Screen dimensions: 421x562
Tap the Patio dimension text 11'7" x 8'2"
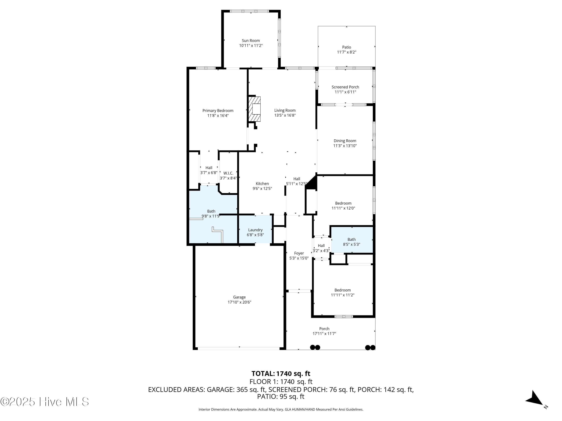coord(346,52)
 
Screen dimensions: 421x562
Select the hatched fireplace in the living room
coord(255,109)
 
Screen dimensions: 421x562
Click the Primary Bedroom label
coord(218,111)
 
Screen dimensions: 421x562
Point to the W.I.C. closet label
coord(228,173)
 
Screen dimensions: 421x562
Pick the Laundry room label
coord(255,230)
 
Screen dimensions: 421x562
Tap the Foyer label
coord(299,253)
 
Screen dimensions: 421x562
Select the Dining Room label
coord(345,141)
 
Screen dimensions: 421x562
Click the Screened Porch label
coord(345,87)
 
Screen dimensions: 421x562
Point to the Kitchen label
coord(262,184)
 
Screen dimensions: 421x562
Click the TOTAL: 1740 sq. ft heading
coord(281,373)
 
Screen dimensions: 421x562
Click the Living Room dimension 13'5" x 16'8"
coord(285,115)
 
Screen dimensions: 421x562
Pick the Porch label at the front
coord(324,329)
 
